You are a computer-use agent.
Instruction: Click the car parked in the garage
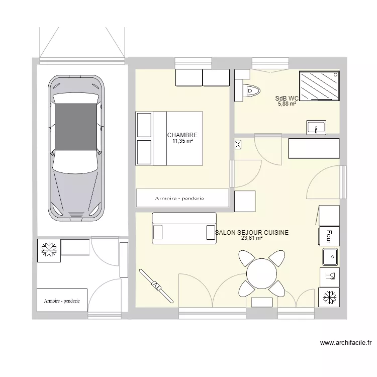[77, 148]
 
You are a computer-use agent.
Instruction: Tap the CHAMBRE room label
[182, 135]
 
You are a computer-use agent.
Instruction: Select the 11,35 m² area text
[182, 141]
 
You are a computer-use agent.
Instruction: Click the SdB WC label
[287, 99]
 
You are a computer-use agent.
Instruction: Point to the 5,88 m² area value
[287, 104]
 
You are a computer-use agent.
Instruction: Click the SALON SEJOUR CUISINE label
[251, 233]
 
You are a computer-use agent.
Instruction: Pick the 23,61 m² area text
[252, 238]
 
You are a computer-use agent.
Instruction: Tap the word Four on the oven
[329, 236]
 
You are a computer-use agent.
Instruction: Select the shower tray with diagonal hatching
[319, 85]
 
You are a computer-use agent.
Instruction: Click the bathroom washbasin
[316, 127]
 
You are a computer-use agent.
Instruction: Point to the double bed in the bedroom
[169, 138]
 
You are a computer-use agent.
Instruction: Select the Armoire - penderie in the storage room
[62, 301]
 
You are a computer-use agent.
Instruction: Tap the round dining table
[261, 274]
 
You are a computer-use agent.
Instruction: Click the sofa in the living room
[184, 228]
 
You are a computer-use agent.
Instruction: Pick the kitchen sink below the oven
[330, 257]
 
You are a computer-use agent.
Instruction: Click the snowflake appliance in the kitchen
[329, 297]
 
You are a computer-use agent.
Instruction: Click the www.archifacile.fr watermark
[345, 344]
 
